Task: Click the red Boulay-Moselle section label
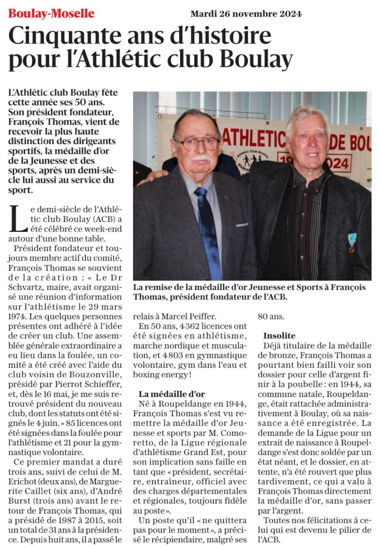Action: (51, 14)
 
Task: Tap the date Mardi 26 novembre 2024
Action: (246, 14)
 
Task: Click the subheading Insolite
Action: (279, 335)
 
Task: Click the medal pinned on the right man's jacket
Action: (352, 242)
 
